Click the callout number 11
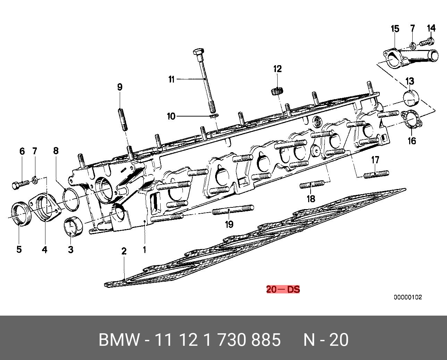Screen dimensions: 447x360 point(171,79)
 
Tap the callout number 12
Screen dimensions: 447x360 point(277,69)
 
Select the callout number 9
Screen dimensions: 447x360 point(120,87)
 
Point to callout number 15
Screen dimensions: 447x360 point(395,28)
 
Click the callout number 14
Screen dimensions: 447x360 point(431,28)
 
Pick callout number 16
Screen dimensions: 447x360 point(412,140)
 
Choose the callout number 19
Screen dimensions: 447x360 point(229,224)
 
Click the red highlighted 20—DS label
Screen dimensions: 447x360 point(283,289)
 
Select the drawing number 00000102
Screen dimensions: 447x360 point(408,297)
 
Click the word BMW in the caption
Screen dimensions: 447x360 point(119,340)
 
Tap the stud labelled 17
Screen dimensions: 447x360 point(377,174)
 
